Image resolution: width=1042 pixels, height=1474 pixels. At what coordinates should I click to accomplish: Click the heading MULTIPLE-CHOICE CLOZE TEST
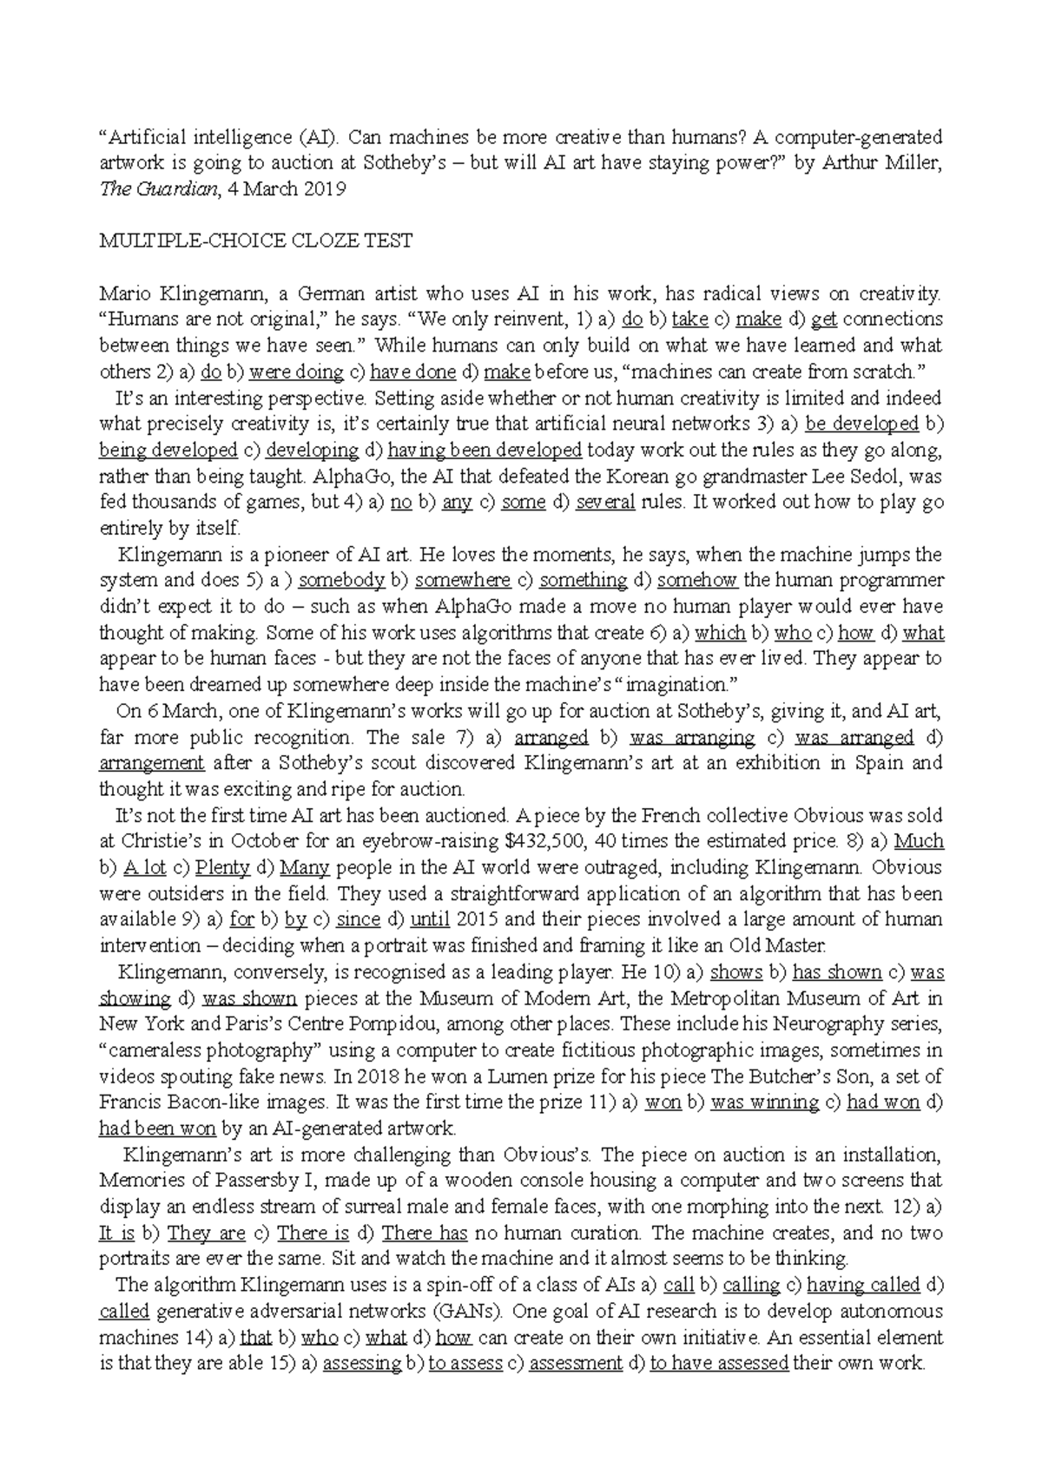click(x=255, y=241)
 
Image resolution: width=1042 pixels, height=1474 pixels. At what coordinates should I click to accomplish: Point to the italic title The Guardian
click(x=156, y=189)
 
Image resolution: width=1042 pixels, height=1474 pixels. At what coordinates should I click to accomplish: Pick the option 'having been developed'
click(x=485, y=451)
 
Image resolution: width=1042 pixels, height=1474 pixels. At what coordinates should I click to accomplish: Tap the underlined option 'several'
click(x=606, y=503)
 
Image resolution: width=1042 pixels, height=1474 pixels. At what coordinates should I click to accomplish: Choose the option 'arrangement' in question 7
click(x=152, y=764)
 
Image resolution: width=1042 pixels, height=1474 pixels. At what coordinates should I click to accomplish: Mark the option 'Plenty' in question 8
click(x=222, y=868)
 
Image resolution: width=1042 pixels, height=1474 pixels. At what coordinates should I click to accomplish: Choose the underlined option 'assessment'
click(x=576, y=1364)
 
